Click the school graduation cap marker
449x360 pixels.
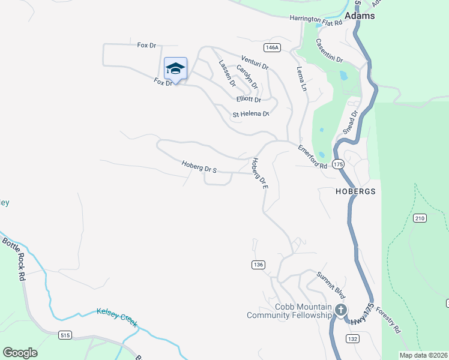pos(175,68)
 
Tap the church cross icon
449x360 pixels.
pos(340,310)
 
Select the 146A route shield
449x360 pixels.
pos(271,47)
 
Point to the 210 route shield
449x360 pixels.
pos(419,218)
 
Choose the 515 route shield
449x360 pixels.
pos(65,335)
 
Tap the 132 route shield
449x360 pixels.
pos(353,339)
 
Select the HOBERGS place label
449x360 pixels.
pos(355,191)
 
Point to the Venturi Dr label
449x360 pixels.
pos(255,62)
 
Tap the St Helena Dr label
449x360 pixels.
pos(250,114)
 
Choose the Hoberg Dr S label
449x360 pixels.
pos(199,166)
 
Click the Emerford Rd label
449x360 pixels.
pos(313,157)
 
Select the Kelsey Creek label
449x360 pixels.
pos(117,317)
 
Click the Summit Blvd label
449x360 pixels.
pos(332,286)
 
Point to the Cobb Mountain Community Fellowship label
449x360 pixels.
pos(289,311)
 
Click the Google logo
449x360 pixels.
pos(20,353)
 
